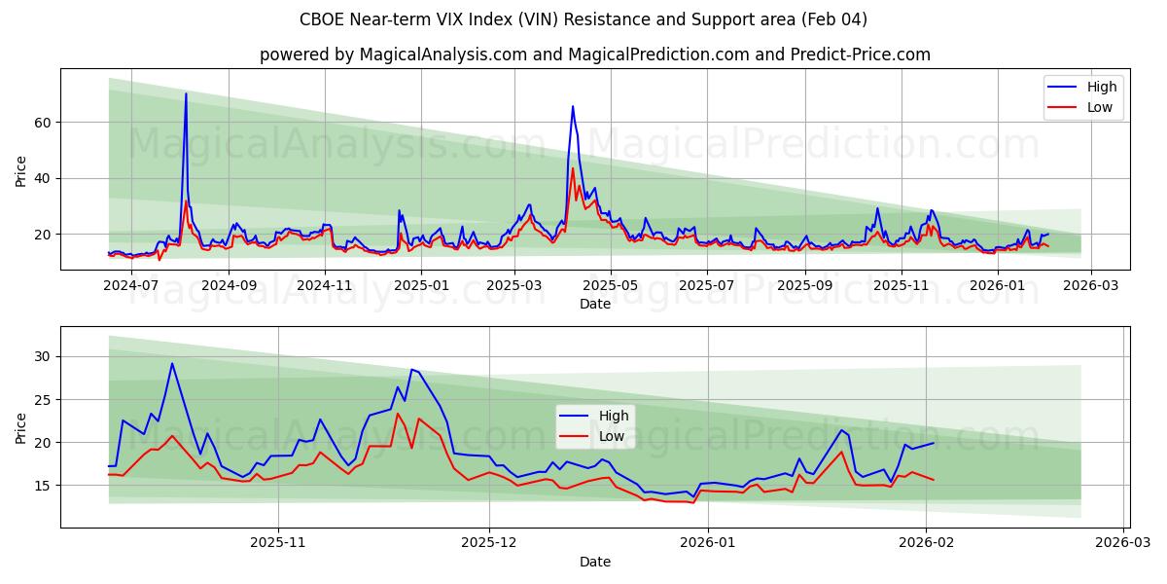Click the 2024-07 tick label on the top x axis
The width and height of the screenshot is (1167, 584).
pos(131,285)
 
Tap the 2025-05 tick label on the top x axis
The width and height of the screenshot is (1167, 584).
pos(611,285)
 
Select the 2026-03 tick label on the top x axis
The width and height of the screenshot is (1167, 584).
pos(1090,285)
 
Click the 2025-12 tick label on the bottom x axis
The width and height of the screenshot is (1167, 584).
pos(490,543)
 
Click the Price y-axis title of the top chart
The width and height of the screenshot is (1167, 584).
pos(21,171)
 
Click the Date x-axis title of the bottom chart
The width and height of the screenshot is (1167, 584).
pos(594,562)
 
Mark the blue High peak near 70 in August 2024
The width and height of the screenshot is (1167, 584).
pos(186,94)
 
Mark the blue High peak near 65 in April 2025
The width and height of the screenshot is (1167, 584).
pos(573,106)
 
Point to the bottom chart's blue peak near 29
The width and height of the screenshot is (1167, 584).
pos(172,364)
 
